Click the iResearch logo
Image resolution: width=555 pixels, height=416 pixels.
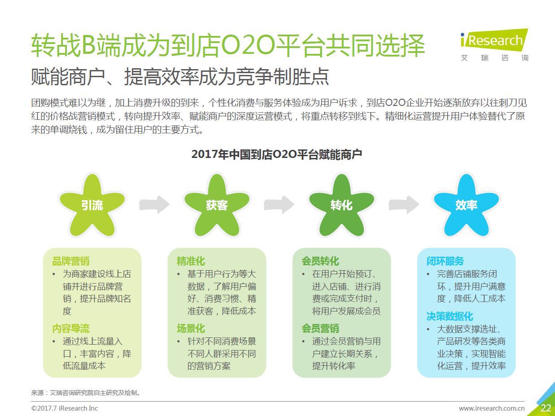coord(494,44)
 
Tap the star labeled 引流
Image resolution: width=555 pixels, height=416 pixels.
coord(92,206)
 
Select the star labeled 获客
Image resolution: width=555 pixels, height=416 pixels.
coord(217,206)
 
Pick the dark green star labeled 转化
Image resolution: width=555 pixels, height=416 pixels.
coord(341,206)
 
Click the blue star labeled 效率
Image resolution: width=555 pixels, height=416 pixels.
coord(466,206)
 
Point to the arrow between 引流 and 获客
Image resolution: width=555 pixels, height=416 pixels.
coord(154,205)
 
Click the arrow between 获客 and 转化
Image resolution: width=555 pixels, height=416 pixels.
coord(279,205)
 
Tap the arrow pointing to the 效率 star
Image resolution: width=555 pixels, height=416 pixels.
coord(404,205)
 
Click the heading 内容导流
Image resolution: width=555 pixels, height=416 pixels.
coord(71,329)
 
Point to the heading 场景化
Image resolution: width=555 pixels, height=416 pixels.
coord(191,329)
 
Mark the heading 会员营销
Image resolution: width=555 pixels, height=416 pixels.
coord(320,329)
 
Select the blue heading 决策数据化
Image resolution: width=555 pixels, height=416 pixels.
coord(450,317)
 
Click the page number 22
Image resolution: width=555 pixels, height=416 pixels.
coord(546,408)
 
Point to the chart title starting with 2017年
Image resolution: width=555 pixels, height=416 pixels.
coord(277,154)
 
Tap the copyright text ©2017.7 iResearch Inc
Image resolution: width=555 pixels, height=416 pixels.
coord(65,408)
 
